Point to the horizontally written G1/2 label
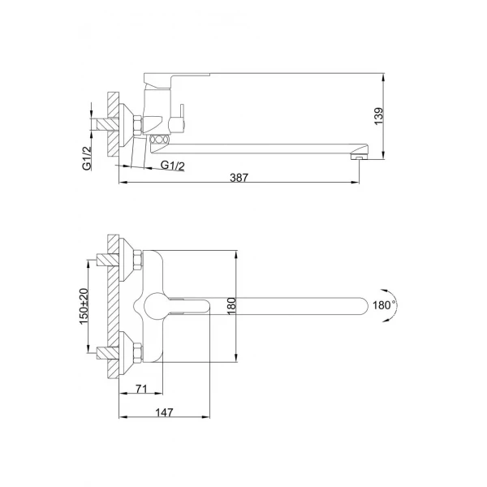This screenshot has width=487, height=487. (x=173, y=166)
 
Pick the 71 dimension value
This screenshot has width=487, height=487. (x=141, y=390)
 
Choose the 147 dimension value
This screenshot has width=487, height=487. (x=167, y=412)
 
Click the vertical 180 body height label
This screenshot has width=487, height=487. (x=231, y=305)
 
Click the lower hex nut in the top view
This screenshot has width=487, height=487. (x=137, y=352)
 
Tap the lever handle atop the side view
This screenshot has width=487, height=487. (x=175, y=79)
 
